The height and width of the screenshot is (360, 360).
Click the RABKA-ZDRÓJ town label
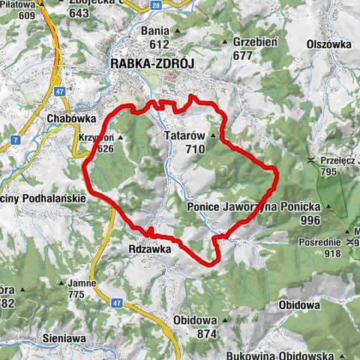pyautogui.click(x=152, y=64)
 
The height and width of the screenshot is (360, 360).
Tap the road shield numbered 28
pyautogui.click(x=154, y=5)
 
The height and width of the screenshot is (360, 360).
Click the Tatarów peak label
pyautogui.click(x=185, y=136)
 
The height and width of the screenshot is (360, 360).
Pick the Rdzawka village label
pyautogui.click(x=150, y=247)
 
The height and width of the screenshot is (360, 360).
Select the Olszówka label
pyautogui.click(x=328, y=44)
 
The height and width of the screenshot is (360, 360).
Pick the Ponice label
pyautogui.click(x=205, y=205)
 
